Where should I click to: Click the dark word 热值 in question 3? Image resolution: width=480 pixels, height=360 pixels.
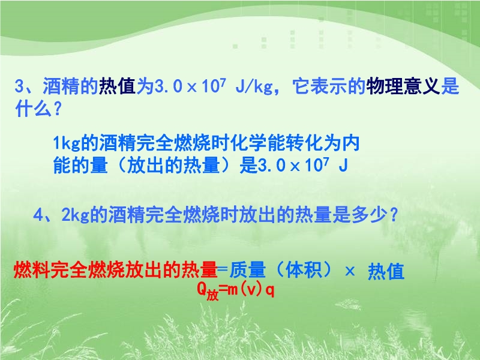117,86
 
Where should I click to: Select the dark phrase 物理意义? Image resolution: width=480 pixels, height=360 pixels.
403,86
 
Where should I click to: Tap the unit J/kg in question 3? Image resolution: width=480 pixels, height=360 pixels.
254,86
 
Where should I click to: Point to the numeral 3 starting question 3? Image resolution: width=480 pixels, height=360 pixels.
19,86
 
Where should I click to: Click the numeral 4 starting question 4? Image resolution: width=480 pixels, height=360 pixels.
37,215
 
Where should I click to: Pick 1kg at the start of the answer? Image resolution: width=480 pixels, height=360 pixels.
67,143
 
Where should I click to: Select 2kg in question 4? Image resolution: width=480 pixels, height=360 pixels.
75,215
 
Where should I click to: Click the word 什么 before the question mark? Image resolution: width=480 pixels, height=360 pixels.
33,108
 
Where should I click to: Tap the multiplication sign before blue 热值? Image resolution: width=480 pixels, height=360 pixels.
350,271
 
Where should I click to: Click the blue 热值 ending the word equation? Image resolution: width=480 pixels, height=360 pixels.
386,271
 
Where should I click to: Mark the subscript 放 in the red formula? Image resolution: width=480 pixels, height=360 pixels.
212,295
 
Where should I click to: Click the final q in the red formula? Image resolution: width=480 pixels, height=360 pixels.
269,290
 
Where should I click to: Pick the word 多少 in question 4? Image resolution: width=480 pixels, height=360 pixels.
368,215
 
